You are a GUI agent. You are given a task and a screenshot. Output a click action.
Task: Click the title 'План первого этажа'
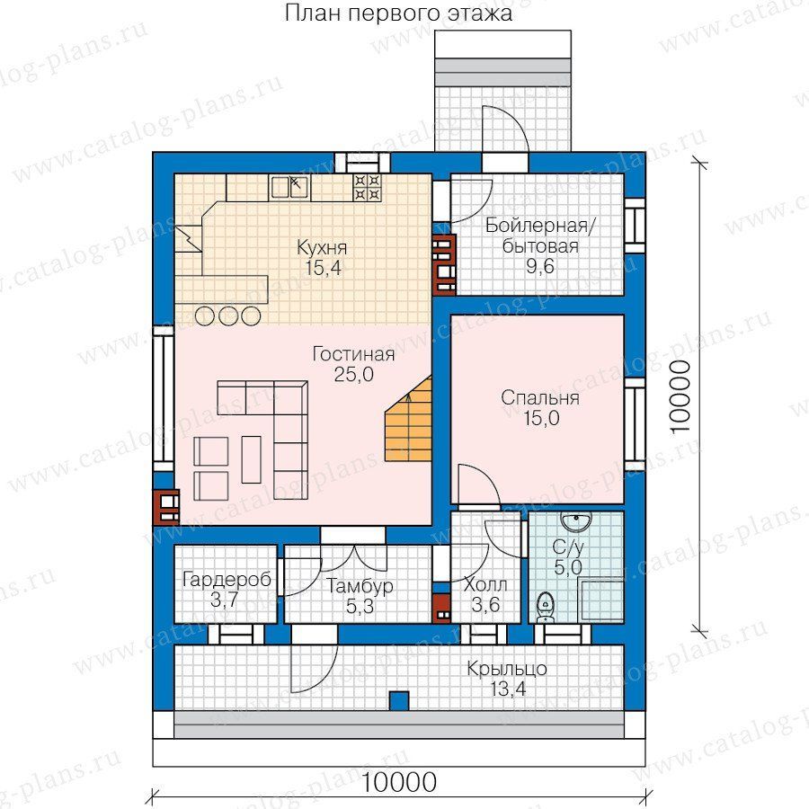(x=398, y=13)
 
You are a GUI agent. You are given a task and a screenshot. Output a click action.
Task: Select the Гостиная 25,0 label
(x=354, y=364)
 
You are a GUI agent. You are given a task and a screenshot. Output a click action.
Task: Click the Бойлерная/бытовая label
(x=540, y=245)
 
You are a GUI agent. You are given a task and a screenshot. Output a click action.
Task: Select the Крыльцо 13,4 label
(x=507, y=678)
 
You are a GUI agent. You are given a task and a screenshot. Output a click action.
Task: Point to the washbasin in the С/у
(x=576, y=521)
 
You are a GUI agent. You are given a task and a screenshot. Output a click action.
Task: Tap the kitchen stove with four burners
(x=367, y=187)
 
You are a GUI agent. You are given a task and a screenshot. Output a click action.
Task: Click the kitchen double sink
(x=289, y=187)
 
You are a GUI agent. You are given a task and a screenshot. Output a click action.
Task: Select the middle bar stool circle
(x=228, y=316)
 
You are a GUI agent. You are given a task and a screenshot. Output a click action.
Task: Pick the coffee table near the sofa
(x=252, y=459)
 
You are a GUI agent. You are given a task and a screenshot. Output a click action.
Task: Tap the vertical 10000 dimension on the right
(x=680, y=396)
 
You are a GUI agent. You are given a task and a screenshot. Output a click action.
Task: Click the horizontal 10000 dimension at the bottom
(x=398, y=782)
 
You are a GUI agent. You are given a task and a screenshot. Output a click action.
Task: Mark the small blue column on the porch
(x=399, y=700)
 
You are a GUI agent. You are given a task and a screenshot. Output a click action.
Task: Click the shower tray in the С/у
(x=601, y=601)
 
